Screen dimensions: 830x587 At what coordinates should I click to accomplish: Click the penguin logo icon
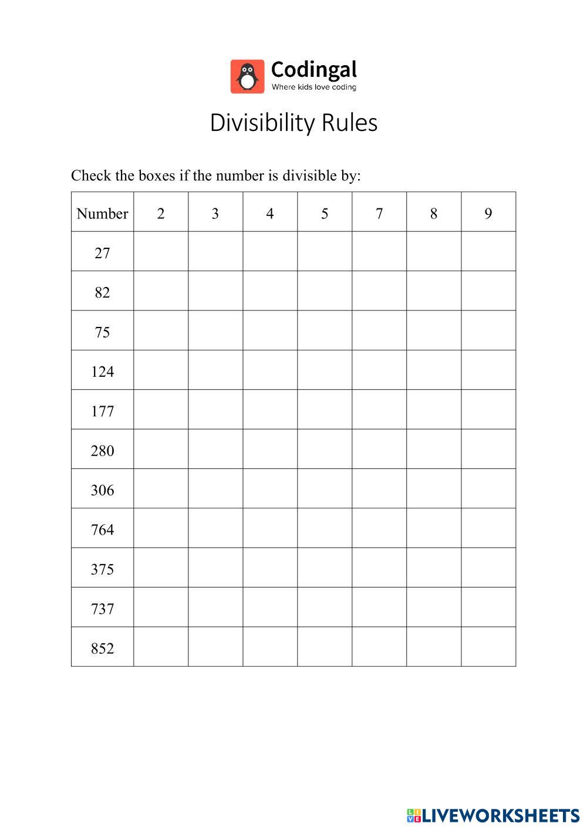point(247,76)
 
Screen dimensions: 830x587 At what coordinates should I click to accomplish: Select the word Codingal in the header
point(313,70)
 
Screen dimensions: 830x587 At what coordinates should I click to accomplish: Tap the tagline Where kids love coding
point(313,87)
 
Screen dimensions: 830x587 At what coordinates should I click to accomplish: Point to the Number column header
point(102,213)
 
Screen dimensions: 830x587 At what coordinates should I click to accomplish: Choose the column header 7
point(379,213)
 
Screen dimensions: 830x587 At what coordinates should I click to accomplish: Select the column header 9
point(488,213)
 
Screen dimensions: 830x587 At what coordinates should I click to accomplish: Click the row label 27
point(102,253)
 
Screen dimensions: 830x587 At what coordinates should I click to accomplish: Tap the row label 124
point(102,372)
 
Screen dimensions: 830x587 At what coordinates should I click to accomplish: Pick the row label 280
point(102,451)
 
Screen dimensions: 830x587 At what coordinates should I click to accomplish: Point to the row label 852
point(102,649)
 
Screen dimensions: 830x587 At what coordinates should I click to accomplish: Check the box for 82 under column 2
point(161,291)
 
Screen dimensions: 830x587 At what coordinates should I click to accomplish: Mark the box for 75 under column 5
point(325,330)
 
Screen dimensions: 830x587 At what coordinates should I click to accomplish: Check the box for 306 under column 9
point(488,488)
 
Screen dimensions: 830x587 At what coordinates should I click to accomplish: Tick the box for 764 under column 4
point(270,528)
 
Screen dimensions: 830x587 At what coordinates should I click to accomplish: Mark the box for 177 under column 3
point(215,410)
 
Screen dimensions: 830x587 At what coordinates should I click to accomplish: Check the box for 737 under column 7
point(379,608)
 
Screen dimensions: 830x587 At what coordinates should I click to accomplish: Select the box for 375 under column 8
point(434,568)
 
